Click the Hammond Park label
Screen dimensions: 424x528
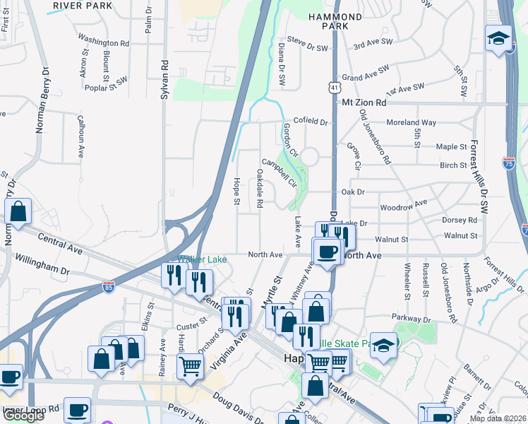pos(335,21)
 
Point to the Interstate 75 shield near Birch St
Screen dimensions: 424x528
pos(509,163)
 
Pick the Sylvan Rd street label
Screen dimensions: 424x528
pos(164,78)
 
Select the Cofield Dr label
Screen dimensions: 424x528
pos(311,122)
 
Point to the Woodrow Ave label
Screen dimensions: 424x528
pos(404,205)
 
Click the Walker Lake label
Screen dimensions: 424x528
pos(202,260)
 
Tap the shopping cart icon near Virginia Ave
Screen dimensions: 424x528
pos(191,366)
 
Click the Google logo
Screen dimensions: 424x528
pos(23,416)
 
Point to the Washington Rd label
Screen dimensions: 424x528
pos(104,42)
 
